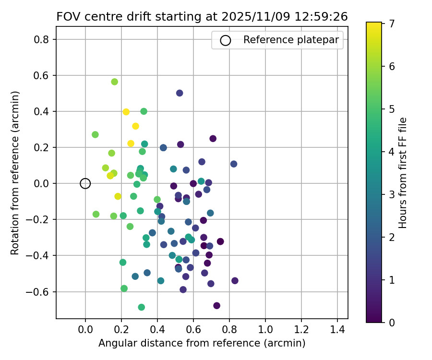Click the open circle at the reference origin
85,183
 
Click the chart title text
202,16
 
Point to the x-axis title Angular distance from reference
202,343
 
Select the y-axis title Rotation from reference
15,173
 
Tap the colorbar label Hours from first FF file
403,173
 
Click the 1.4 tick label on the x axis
337,331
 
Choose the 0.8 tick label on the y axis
42,39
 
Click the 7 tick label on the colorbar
392,23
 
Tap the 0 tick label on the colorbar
392,322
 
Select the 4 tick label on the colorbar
392,151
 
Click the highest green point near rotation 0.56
114,82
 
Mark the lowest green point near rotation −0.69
142,307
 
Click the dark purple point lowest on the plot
217,306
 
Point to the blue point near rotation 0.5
180,93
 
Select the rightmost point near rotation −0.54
235,281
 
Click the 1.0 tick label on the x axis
265,331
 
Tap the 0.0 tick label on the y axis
42,183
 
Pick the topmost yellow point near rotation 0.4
126,112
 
